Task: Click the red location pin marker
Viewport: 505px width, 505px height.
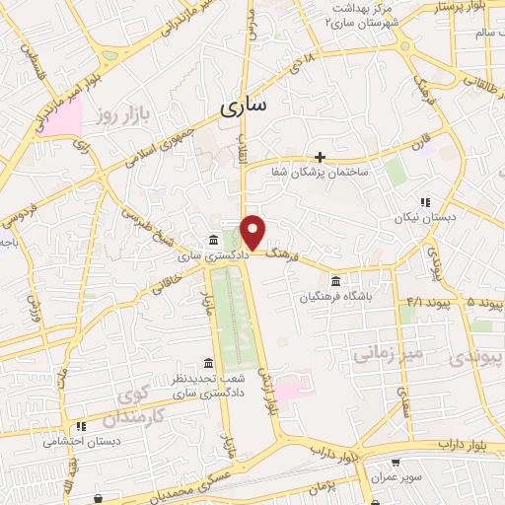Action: pyautogui.click(x=253, y=232)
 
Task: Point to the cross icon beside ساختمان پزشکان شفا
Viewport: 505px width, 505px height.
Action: pyautogui.click(x=320, y=157)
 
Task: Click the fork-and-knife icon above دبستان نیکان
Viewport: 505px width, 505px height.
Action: pyautogui.click(x=425, y=202)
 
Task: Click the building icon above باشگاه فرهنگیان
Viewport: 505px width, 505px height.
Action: pyautogui.click(x=336, y=280)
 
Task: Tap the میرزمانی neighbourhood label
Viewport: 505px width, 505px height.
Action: pyautogui.click(x=418, y=352)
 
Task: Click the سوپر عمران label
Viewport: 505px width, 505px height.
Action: pyautogui.click(x=396, y=477)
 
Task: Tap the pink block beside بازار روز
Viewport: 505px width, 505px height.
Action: pyautogui.click(x=67, y=121)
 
